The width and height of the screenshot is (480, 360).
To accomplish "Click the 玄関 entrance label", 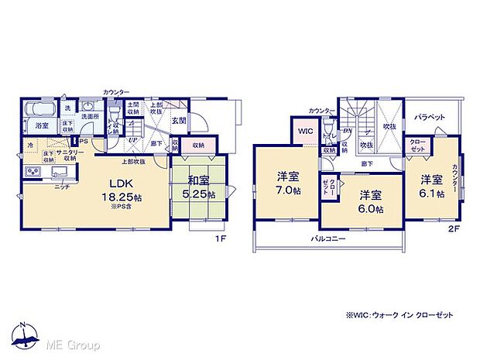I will [178, 120].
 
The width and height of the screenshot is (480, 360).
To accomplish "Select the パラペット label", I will [428, 116].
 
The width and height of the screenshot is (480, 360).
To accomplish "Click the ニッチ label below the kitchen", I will [61, 187].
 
